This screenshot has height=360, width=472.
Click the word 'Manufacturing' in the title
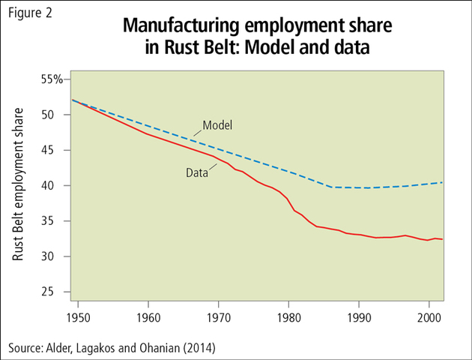point(174,28)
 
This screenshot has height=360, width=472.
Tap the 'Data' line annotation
point(197,173)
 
